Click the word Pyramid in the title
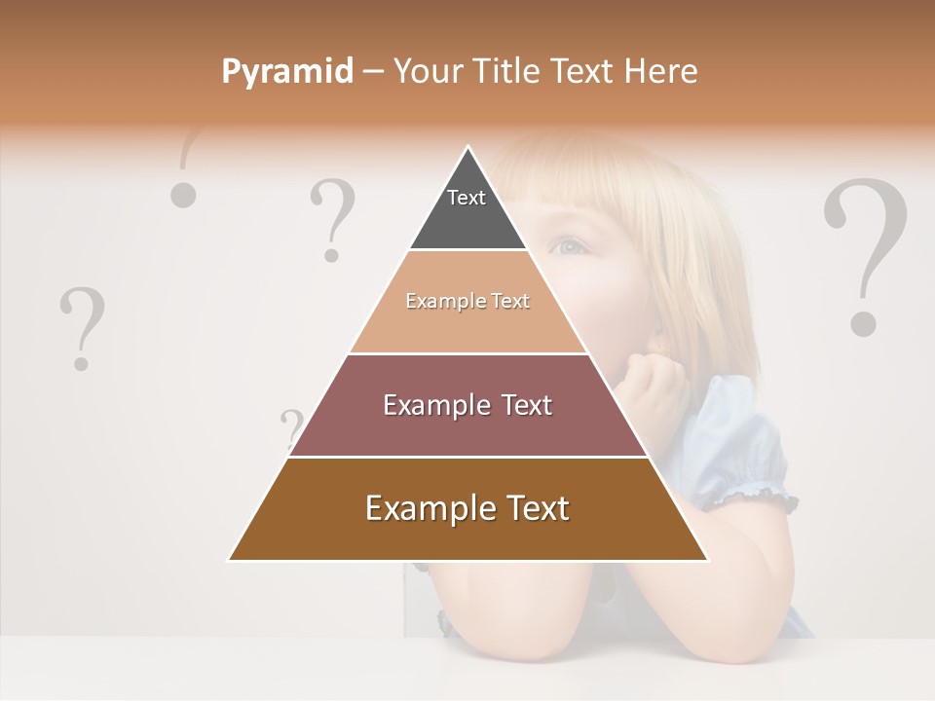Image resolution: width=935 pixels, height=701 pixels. pyautogui.click(x=286, y=72)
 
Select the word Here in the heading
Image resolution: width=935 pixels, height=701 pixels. pyautogui.click(x=660, y=71)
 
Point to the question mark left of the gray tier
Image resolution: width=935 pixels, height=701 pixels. pyautogui.click(x=332, y=220)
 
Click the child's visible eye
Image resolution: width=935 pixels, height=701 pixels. pyautogui.click(x=570, y=245)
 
